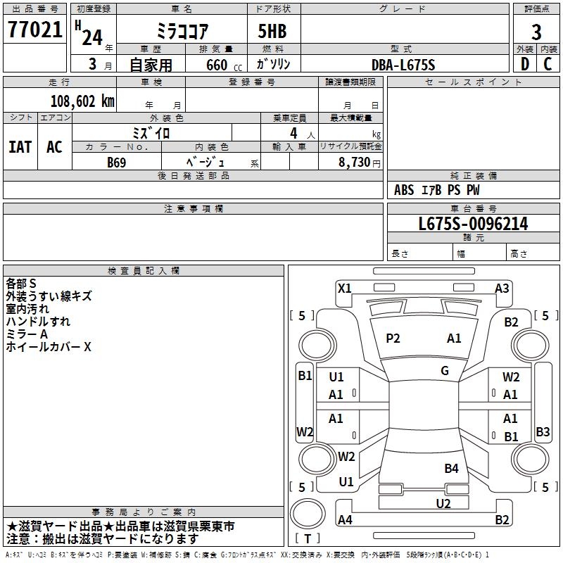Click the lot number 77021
(34, 30)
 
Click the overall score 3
(536, 32)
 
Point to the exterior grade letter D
(524, 63)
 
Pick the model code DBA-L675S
(403, 65)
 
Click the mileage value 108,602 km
(82, 101)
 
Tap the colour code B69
(117, 162)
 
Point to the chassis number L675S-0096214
(473, 224)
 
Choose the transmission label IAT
(20, 147)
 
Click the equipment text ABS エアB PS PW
(436, 190)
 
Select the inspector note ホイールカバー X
(49, 347)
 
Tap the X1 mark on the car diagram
(345, 288)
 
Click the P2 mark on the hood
(393, 339)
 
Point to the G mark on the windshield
(445, 371)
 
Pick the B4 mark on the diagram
(451, 468)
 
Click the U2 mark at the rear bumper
(443, 502)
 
